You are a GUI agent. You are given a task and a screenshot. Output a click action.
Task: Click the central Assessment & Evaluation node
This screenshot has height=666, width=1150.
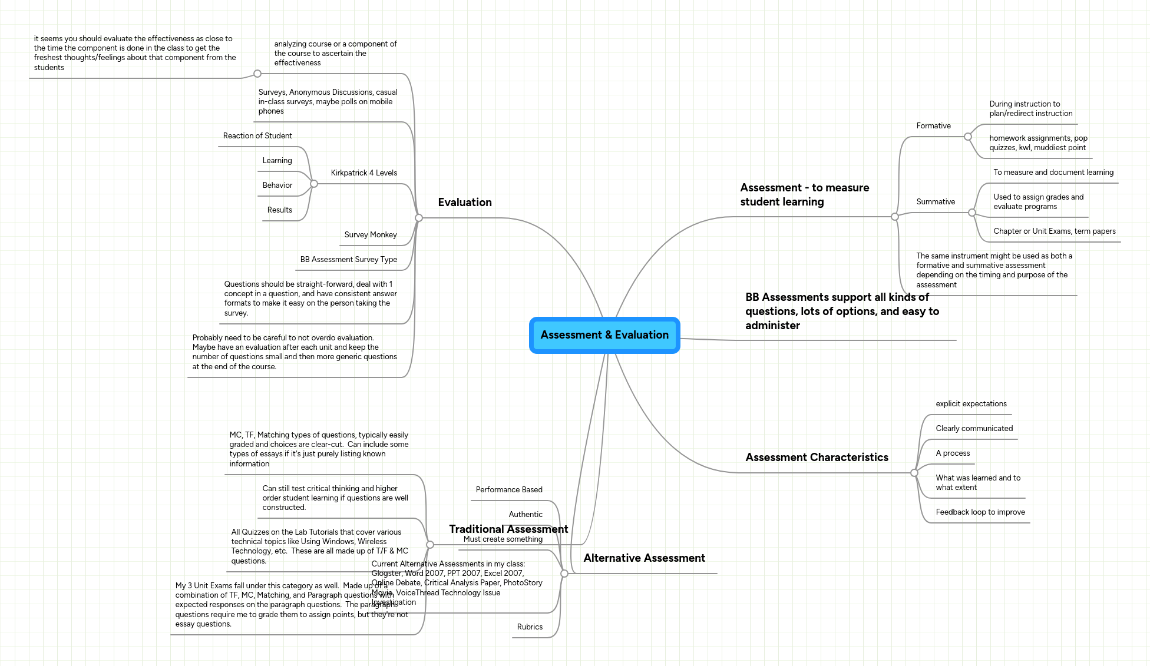pos(604,335)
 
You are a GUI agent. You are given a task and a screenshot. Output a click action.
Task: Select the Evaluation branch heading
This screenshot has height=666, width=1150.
pos(464,203)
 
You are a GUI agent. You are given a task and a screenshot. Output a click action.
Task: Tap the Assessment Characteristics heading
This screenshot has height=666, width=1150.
pos(817,458)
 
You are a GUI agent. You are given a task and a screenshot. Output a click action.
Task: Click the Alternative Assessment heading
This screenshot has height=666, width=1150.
pos(644,558)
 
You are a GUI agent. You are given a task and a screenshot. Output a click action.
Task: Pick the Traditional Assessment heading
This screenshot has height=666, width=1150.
pos(508,529)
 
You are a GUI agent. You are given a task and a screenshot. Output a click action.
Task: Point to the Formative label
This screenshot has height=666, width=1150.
pos(933,126)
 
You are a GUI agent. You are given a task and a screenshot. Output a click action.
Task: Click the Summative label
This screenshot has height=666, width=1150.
pos(935,202)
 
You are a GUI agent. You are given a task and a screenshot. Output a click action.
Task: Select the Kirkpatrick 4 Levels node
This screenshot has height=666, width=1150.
pos(363,173)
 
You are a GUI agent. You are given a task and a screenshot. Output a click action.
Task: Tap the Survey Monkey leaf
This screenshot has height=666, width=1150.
pos(370,235)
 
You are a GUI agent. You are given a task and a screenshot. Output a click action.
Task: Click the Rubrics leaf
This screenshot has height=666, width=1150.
pos(530,627)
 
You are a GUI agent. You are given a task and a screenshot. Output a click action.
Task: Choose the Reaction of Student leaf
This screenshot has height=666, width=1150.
pos(257,136)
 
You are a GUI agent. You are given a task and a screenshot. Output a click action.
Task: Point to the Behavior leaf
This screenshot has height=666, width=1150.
pos(277,185)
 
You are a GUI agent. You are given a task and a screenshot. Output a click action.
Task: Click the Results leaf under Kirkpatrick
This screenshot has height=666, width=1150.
pos(279,210)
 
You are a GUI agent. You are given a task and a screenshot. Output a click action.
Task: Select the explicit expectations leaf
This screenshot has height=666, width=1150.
pos(971,404)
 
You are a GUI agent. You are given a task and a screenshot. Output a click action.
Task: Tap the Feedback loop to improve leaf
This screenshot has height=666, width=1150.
pos(980,512)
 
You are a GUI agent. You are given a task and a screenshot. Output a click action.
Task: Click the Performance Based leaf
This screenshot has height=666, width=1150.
pos(509,490)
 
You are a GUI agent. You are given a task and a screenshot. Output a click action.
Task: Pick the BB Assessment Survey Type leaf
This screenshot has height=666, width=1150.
pos(348,260)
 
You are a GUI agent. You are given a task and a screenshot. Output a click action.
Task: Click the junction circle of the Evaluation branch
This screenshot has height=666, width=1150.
pos(419,218)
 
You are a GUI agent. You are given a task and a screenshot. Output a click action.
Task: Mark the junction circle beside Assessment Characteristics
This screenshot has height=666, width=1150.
pos(914,473)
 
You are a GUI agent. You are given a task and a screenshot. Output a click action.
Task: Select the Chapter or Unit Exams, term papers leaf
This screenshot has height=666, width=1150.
pos(1054,231)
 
